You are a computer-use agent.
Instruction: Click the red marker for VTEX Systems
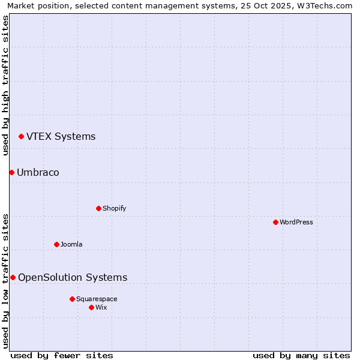[x=21, y=137]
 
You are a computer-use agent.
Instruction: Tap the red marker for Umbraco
[x=11, y=173]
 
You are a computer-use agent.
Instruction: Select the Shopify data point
[x=98, y=209]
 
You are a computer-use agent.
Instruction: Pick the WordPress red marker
[x=275, y=223]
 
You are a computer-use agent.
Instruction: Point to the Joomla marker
[x=56, y=245]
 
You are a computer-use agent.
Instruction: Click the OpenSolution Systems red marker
[x=13, y=278]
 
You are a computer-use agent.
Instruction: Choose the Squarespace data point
[x=72, y=299]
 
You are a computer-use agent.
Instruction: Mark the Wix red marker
[x=91, y=307]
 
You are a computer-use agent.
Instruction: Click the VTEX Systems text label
[x=61, y=137]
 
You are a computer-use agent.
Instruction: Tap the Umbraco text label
[x=38, y=173]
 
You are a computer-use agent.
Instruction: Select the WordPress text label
[x=296, y=223]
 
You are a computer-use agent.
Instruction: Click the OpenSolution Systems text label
[x=73, y=278]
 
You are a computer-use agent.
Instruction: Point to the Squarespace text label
[x=97, y=299]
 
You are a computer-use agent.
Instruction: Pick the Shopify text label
[x=114, y=209]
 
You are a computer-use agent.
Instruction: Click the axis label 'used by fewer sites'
[x=62, y=355]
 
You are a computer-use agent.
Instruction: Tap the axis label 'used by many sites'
[x=301, y=355]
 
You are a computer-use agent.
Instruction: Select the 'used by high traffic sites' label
[x=6, y=85]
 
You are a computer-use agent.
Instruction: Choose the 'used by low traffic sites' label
[x=6, y=280]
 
